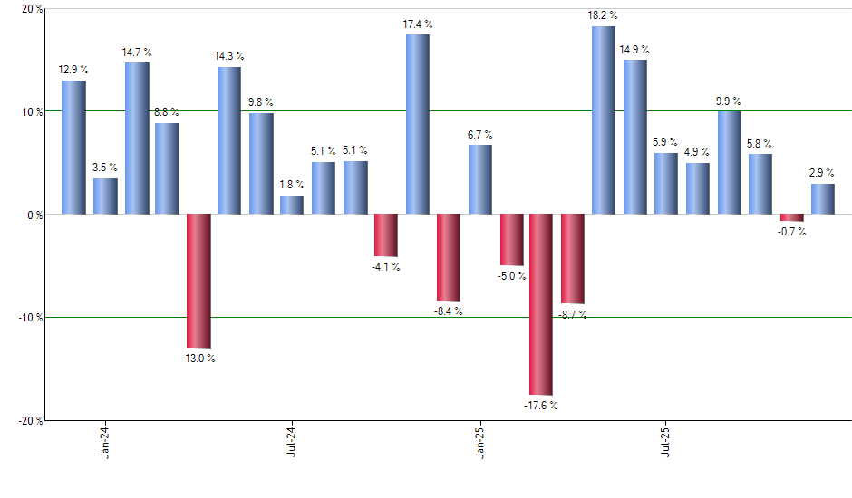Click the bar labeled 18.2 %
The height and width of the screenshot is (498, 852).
(x=604, y=120)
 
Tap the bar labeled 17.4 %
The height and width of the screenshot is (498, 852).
(x=417, y=124)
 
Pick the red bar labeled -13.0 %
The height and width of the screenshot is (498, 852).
(x=198, y=281)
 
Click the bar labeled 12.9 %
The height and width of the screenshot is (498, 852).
(x=73, y=148)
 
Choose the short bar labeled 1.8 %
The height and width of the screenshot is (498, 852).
(x=292, y=205)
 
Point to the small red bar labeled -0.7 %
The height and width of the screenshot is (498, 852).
(x=791, y=217)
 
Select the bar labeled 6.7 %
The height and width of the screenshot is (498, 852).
(x=480, y=179)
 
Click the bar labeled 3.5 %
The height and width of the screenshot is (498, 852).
(x=105, y=196)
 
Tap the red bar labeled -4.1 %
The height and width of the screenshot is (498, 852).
(x=386, y=235)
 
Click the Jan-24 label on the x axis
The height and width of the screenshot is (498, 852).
(x=106, y=443)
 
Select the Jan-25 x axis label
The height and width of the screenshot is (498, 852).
(x=480, y=443)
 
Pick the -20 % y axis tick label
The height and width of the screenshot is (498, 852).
(x=30, y=420)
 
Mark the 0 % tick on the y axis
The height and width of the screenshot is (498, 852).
(x=34, y=215)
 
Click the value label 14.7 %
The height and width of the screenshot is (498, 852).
(x=137, y=53)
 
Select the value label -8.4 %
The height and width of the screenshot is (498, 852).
(x=448, y=311)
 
